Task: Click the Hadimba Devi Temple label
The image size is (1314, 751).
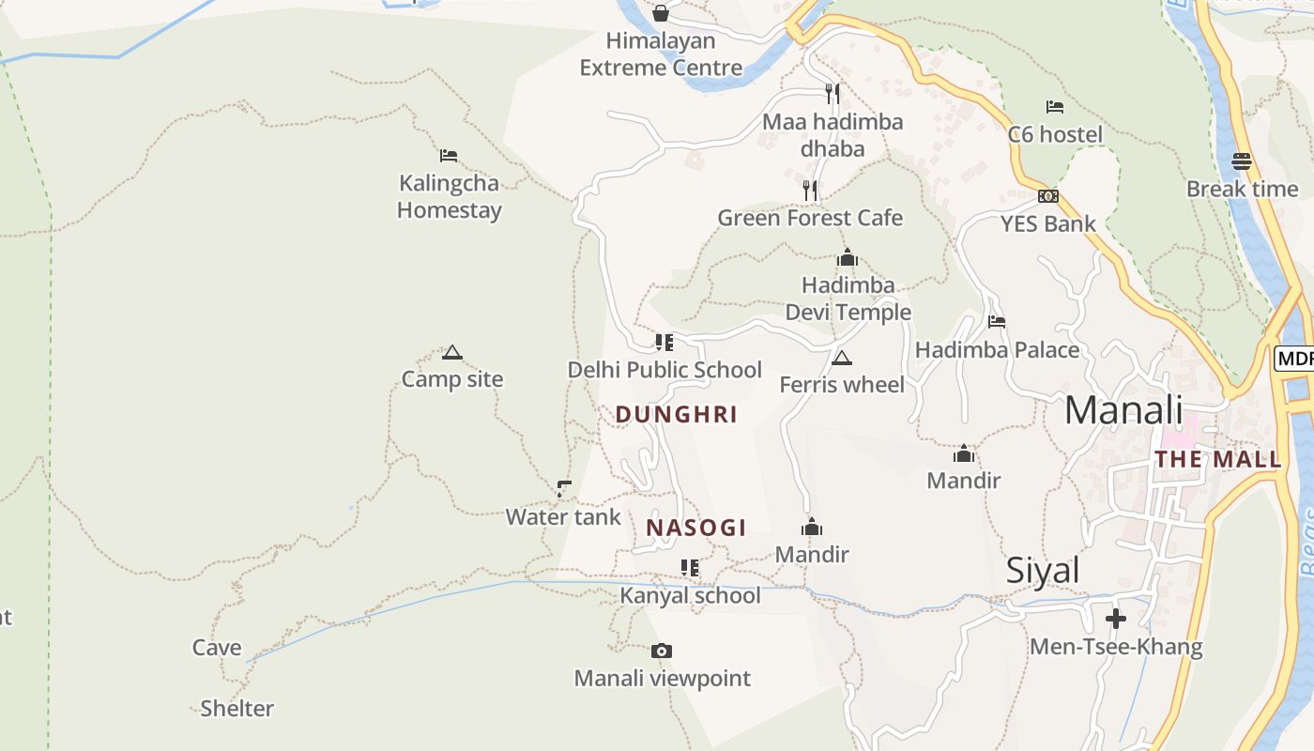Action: point(848,299)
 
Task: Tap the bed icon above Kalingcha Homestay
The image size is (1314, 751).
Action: point(449,156)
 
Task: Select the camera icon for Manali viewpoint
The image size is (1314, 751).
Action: point(662,651)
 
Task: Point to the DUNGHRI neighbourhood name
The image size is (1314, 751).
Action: point(676,414)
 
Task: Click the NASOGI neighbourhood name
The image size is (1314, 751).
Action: point(695,528)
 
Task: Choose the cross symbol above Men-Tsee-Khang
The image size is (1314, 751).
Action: point(1115,619)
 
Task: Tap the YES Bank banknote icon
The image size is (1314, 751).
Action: point(1048,196)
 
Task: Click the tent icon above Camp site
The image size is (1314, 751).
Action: point(452,353)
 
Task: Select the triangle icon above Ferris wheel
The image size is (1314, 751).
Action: point(842,358)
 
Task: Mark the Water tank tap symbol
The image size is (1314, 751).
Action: point(563,488)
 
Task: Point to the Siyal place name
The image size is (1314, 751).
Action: point(1043,571)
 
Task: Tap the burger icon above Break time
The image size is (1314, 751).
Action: point(1242,161)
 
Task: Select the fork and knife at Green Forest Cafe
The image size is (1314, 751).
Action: point(810,191)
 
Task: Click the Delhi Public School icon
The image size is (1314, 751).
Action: point(665,343)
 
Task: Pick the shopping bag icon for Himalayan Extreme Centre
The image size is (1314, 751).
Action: point(661,13)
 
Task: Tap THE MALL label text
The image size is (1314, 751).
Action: point(1217,459)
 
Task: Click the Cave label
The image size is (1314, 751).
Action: point(217,648)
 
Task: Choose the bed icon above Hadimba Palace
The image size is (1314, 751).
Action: point(997,322)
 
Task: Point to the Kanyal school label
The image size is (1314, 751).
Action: point(690,595)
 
